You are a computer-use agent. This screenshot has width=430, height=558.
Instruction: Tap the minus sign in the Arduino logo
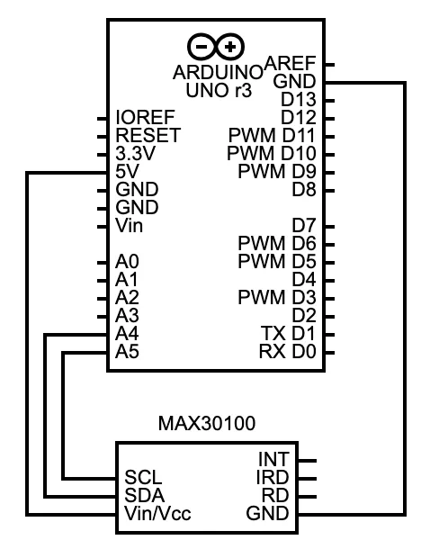203,47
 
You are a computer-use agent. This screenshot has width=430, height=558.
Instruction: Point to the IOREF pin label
145,118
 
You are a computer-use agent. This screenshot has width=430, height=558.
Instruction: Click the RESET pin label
148,136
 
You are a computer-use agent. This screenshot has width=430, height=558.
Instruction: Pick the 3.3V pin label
136,154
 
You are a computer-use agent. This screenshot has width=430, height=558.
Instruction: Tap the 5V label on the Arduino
127,172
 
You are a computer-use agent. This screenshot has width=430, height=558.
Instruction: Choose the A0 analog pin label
127,262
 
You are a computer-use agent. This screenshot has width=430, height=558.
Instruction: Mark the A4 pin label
127,334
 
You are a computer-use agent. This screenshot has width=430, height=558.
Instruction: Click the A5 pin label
127,352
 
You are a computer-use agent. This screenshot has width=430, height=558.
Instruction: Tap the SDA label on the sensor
143,496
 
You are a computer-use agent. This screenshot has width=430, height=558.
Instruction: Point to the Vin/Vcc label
158,515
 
